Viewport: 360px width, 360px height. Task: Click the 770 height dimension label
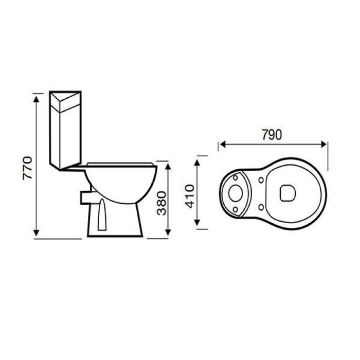[x=27, y=168]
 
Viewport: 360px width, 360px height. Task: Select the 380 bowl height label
[x=161, y=204]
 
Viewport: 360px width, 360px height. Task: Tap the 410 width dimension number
[x=190, y=196]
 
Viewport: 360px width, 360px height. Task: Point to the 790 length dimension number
[x=272, y=135]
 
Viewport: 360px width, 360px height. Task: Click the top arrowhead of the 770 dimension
[x=36, y=99]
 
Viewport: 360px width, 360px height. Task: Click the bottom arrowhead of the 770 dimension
[x=36, y=233]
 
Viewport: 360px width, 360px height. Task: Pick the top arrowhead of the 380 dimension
[x=168, y=166]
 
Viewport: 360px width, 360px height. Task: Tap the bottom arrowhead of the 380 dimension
[x=168, y=232]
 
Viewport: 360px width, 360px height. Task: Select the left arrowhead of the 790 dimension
[x=223, y=145]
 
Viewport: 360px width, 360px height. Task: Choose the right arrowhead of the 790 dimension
[x=323, y=145]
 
